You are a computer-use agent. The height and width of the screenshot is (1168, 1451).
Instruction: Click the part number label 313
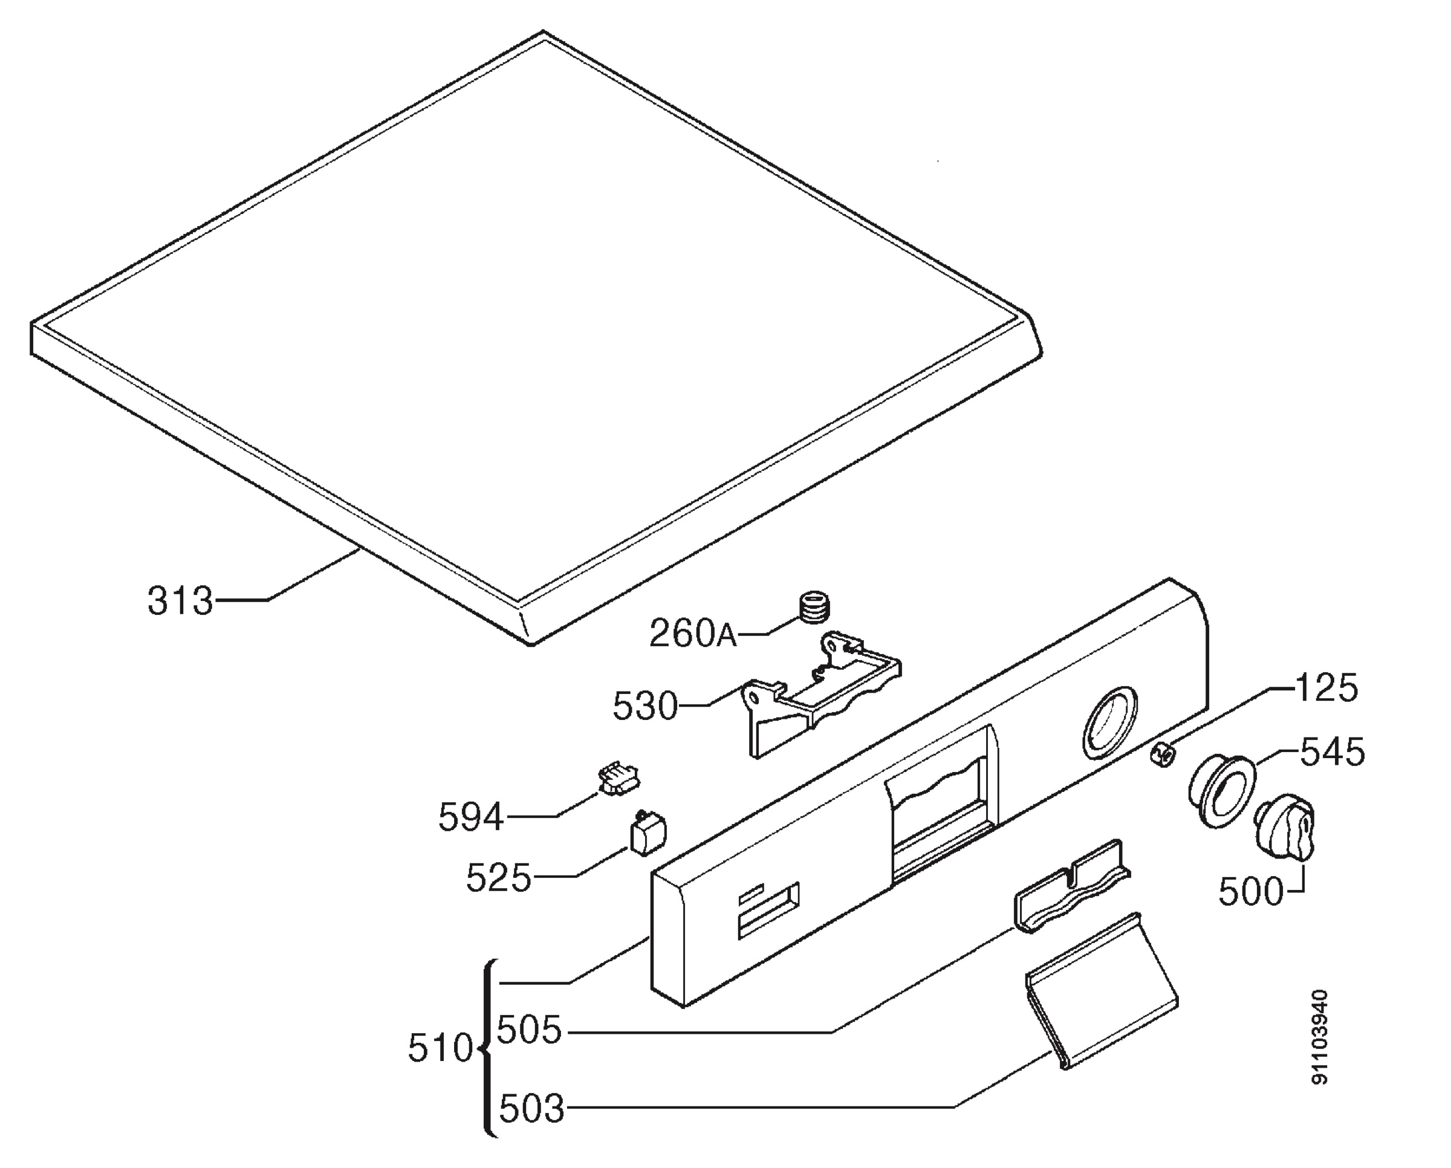[x=180, y=601]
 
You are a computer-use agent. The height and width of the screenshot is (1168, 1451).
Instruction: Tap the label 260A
[x=694, y=633]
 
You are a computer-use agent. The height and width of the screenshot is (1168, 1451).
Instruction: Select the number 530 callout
[x=644, y=707]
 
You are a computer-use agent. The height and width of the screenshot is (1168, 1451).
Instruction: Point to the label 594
[x=471, y=818]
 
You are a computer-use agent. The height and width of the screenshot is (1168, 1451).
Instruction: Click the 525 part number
[x=499, y=877]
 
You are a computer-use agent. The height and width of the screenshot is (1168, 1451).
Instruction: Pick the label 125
[x=1326, y=688]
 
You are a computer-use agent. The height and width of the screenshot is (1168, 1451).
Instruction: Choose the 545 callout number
[x=1333, y=751]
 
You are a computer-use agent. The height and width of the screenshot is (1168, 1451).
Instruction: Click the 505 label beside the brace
[x=529, y=1030]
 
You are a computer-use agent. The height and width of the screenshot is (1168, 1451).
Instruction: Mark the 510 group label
[x=441, y=1049]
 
